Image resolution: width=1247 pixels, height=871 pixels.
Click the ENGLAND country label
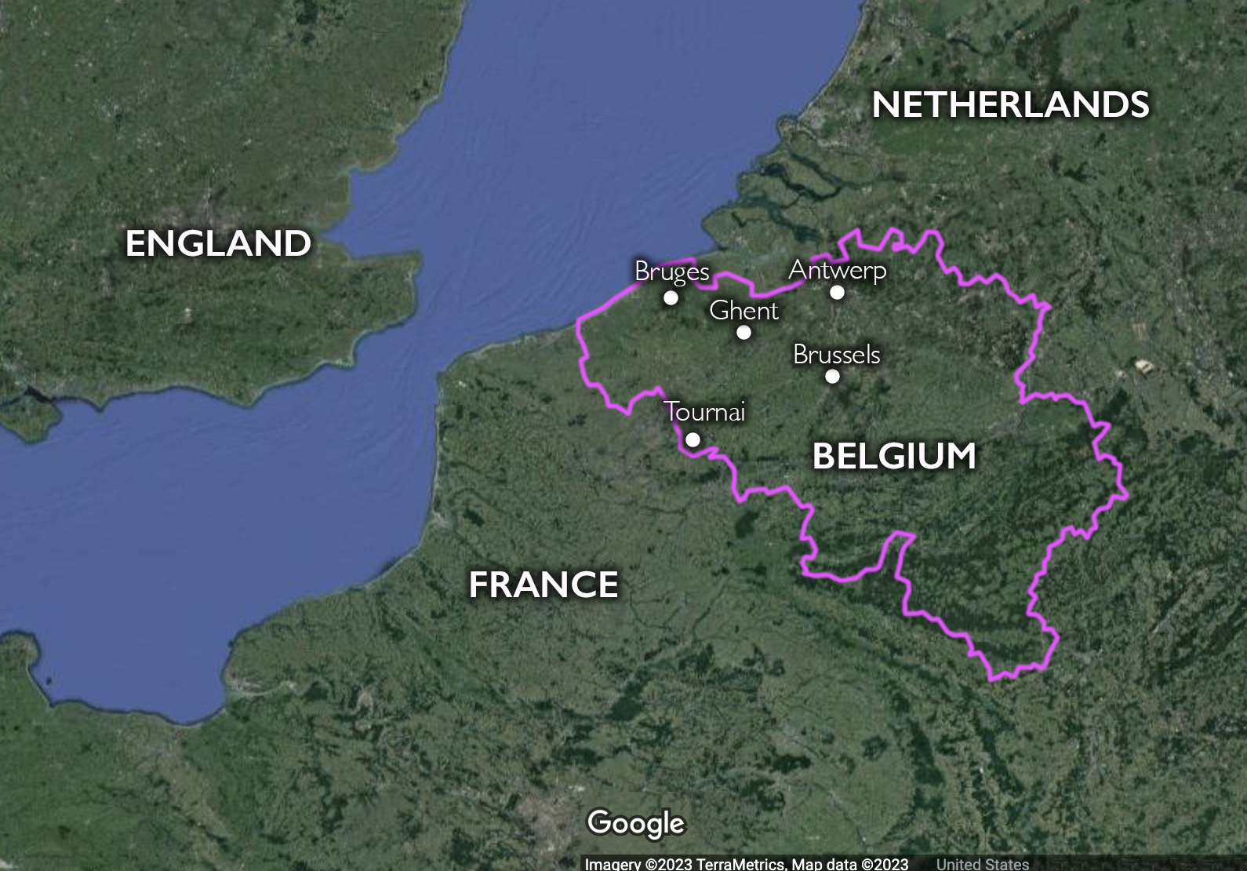pyautogui.click(x=218, y=244)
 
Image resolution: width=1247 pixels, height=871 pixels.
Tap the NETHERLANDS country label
pyautogui.click(x=1010, y=105)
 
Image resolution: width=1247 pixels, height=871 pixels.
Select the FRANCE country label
pyautogui.click(x=544, y=585)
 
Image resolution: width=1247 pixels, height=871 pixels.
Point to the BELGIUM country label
pyautogui.click(x=894, y=457)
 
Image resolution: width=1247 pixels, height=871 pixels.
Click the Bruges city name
pyautogui.click(x=672, y=272)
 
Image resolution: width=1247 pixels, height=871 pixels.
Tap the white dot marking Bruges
pyautogui.click(x=671, y=297)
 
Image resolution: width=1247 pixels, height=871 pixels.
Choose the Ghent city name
pyautogui.click(x=743, y=311)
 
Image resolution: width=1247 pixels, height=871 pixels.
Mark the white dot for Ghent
pyautogui.click(x=743, y=332)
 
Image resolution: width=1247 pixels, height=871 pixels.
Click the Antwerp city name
pyautogui.click(x=838, y=270)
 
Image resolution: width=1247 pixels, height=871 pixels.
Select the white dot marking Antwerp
pyautogui.click(x=838, y=292)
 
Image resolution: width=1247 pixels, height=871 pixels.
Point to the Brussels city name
pyautogui.click(x=837, y=355)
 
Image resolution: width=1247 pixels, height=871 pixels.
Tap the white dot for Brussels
pyautogui.click(x=832, y=376)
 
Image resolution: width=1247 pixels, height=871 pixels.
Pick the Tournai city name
pyautogui.click(x=704, y=412)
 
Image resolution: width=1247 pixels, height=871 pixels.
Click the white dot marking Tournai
pyautogui.click(x=693, y=439)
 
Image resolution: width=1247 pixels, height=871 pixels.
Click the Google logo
pyautogui.click(x=636, y=823)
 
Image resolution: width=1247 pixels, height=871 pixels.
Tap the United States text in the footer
pyautogui.click(x=982, y=864)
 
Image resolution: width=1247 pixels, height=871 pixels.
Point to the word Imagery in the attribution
pyautogui.click(x=613, y=864)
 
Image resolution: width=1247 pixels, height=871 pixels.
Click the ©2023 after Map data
pyautogui.click(x=885, y=864)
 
